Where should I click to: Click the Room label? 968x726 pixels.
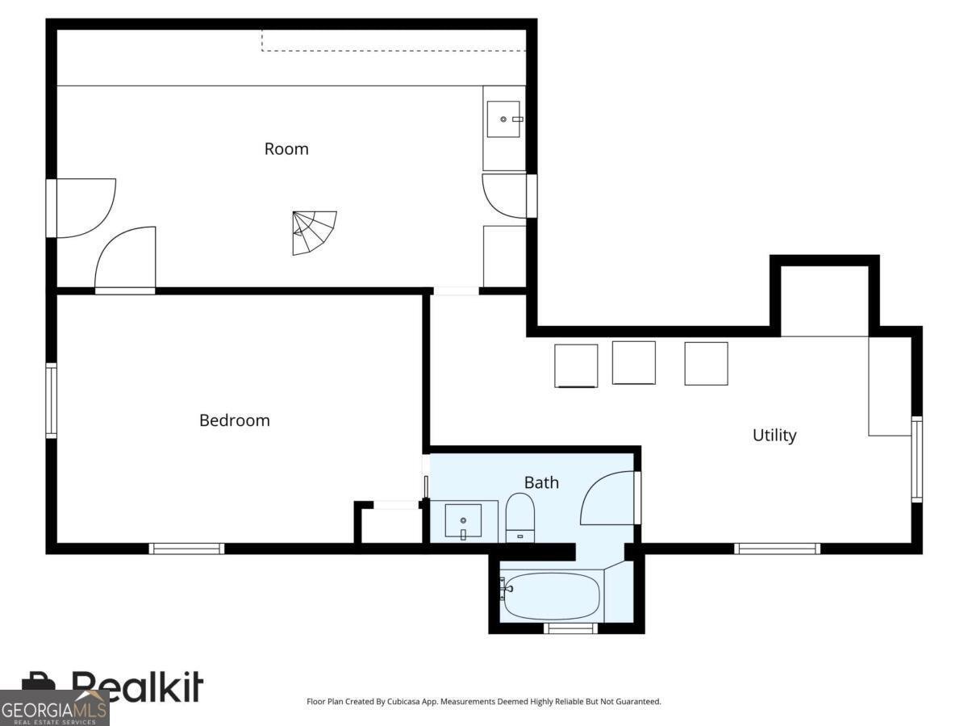286,149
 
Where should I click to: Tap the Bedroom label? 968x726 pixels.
235,420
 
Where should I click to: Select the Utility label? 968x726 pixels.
774,436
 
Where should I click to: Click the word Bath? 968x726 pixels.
541,482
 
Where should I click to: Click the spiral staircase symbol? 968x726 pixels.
314,233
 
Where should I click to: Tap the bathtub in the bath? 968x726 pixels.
552,596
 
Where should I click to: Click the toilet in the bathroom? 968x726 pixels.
519,518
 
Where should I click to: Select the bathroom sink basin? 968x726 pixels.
463,520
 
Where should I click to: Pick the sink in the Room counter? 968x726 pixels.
503,119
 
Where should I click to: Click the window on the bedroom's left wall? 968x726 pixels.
52,401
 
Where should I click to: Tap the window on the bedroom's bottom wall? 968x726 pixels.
186,549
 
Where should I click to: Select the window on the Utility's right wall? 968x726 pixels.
916,459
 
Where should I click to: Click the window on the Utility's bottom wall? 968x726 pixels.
777,549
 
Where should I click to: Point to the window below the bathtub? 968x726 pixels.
570,628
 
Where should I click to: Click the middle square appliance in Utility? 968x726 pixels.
634,362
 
